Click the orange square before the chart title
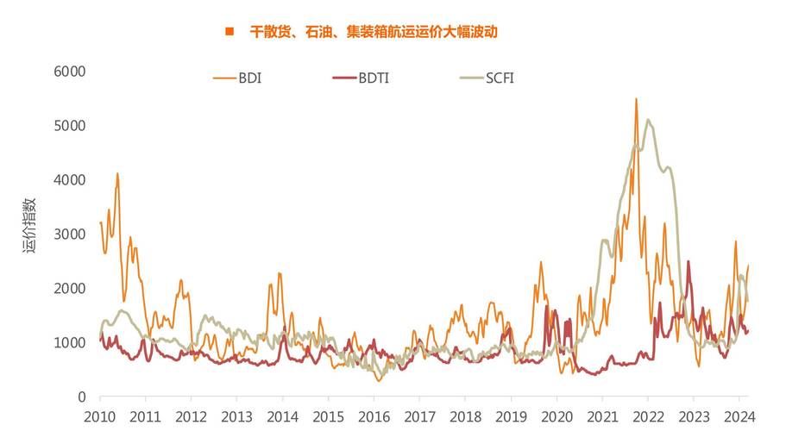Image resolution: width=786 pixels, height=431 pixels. tap(230, 32)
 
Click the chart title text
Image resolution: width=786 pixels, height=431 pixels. tap(374, 32)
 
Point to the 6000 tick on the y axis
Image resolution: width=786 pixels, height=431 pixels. tap(71, 72)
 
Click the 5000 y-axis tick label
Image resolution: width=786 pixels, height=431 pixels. tap(71, 126)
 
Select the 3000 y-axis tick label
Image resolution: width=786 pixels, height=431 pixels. tap(71, 234)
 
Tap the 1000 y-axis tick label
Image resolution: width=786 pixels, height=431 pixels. tap(71, 343)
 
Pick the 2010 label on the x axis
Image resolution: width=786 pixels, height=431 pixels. tap(100, 415)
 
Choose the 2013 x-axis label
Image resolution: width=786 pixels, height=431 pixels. tap(236, 415)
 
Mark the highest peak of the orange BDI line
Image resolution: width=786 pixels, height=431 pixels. tap(636, 99)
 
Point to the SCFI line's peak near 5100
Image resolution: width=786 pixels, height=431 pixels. tap(648, 120)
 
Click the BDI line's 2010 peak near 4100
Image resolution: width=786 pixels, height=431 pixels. tap(117, 174)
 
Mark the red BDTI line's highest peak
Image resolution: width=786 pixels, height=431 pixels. tap(688, 261)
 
